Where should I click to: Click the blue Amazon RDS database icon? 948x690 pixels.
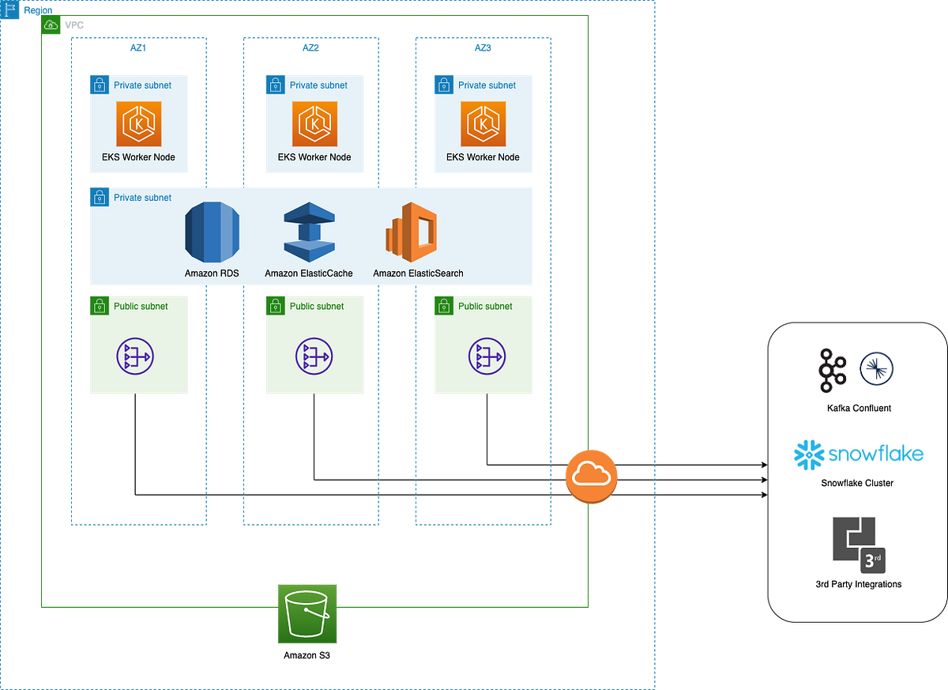212,232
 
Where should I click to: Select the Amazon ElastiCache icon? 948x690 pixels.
309,232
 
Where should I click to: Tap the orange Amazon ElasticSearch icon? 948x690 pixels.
411,232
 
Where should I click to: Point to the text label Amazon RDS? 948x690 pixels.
212,273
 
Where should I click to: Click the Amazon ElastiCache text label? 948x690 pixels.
309,273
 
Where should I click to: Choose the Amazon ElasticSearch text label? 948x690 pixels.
418,273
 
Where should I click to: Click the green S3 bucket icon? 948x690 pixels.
307,613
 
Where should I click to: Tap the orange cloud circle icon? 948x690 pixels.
590,474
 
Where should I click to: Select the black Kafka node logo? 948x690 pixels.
832,370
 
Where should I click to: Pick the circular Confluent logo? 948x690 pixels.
876,368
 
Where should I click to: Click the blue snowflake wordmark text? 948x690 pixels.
875,454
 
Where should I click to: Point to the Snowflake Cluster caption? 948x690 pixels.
857,483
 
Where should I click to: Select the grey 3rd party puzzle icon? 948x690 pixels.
857,544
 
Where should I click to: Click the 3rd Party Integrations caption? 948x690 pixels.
858,584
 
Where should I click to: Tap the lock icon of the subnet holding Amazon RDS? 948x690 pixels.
99,197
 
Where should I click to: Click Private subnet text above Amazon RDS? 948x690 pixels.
142,198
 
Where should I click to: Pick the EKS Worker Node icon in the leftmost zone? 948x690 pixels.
139,123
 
